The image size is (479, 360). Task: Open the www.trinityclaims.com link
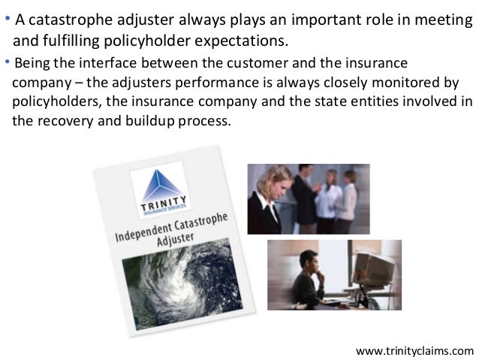coord(414,349)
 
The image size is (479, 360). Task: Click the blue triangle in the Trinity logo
coord(156,180)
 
